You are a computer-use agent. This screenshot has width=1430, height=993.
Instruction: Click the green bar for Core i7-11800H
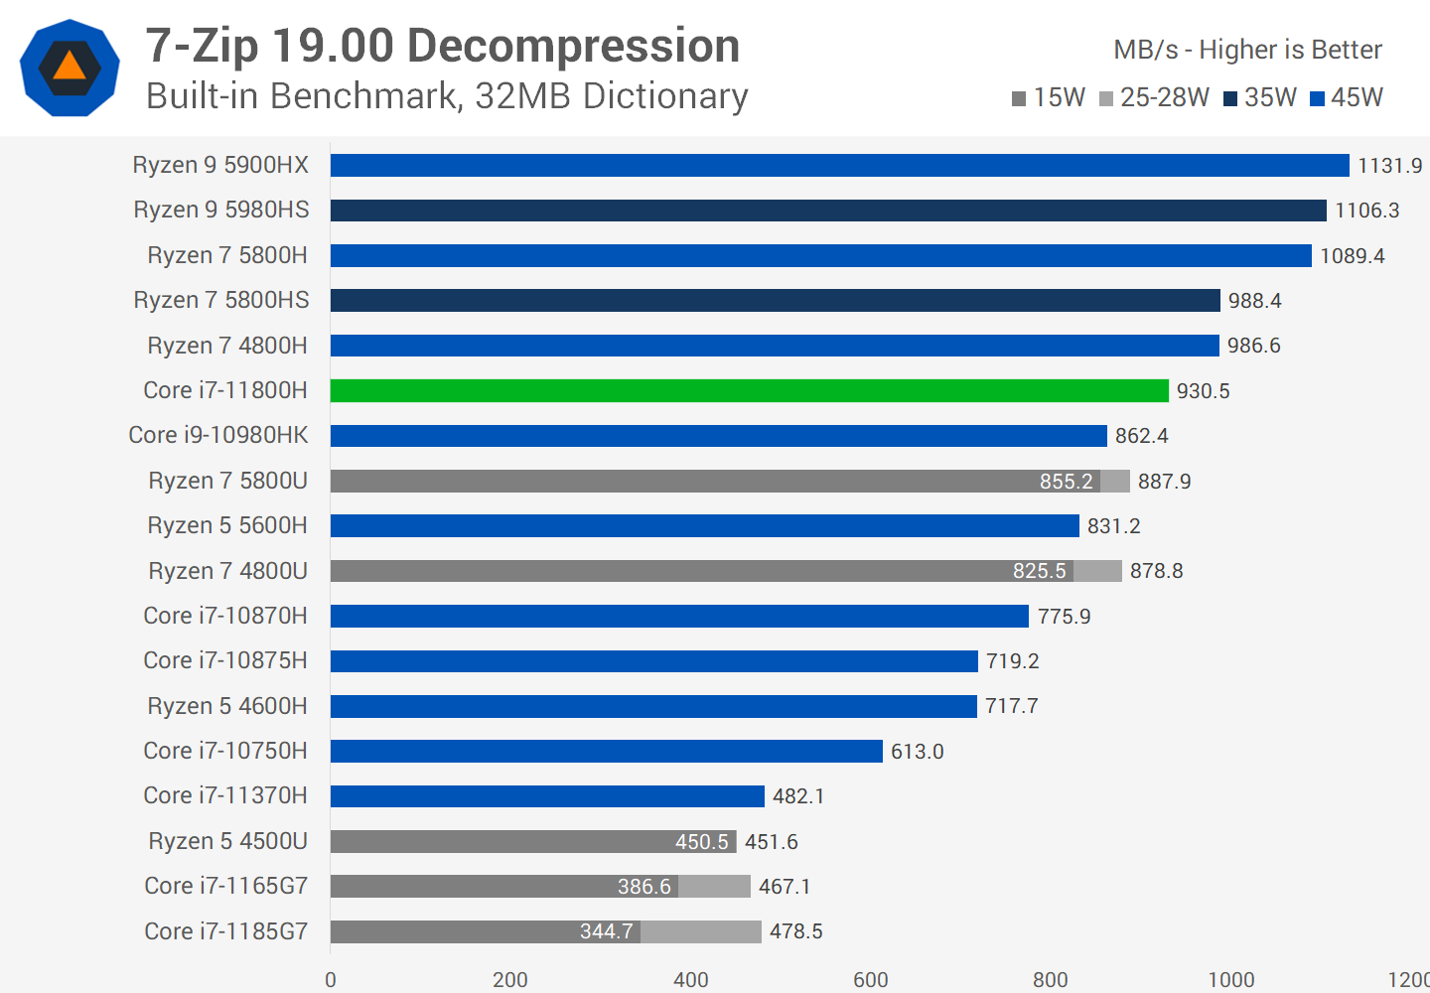tap(749, 391)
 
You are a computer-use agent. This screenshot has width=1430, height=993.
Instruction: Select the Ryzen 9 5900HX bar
tap(839, 166)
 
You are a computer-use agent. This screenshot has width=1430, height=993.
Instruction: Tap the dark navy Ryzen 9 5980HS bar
tap(828, 211)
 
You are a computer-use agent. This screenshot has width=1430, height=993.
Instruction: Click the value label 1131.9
tap(1389, 166)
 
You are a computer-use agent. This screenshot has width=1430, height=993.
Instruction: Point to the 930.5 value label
tap(1203, 391)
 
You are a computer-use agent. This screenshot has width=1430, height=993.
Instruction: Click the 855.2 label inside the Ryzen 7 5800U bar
tap(1066, 482)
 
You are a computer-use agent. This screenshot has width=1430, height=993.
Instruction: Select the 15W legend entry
tap(1049, 97)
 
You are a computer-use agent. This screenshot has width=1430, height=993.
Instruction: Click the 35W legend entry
tap(1260, 97)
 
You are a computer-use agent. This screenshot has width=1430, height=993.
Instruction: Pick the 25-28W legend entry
tap(1155, 97)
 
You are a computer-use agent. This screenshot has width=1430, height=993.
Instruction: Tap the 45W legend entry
tap(1347, 97)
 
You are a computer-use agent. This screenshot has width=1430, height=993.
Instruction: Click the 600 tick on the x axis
tap(871, 980)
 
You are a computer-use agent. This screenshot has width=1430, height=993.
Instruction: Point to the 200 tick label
tap(510, 980)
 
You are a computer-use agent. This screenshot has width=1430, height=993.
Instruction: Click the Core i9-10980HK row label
tap(218, 435)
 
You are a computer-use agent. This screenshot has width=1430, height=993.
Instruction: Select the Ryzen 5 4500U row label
tap(227, 841)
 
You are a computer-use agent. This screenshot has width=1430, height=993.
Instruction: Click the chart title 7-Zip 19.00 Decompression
tap(443, 46)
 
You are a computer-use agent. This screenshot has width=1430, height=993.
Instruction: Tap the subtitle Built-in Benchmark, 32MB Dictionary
tap(447, 96)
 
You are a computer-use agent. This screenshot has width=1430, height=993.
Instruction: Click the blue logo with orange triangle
tap(70, 68)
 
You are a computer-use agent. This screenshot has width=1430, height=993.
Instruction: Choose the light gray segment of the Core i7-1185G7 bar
tap(701, 931)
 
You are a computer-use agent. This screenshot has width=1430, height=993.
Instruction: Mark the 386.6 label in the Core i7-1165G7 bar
tap(643, 887)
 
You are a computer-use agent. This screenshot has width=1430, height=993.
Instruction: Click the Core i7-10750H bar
tap(606, 752)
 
